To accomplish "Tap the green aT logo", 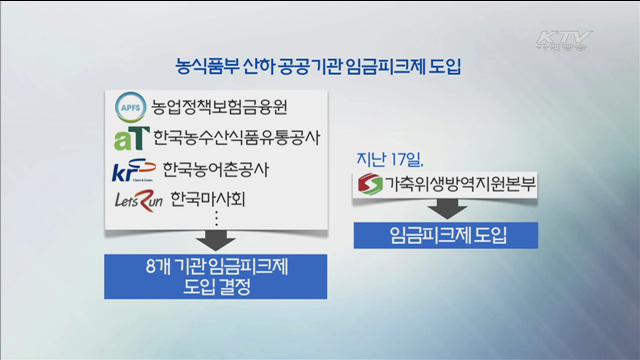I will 131,136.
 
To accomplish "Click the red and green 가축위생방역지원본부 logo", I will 368,185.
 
